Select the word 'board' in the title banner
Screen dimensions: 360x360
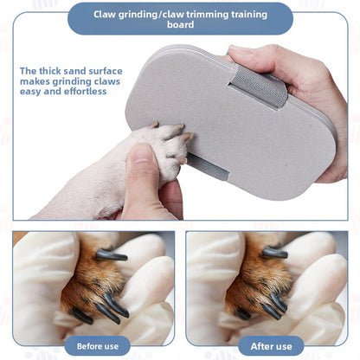pyautogui.click(x=180, y=26)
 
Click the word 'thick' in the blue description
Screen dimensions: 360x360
pyautogui.click(x=57, y=71)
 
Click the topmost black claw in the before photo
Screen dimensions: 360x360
pyautogui.click(x=111, y=255)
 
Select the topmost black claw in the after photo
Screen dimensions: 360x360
pyautogui.click(x=275, y=253)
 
